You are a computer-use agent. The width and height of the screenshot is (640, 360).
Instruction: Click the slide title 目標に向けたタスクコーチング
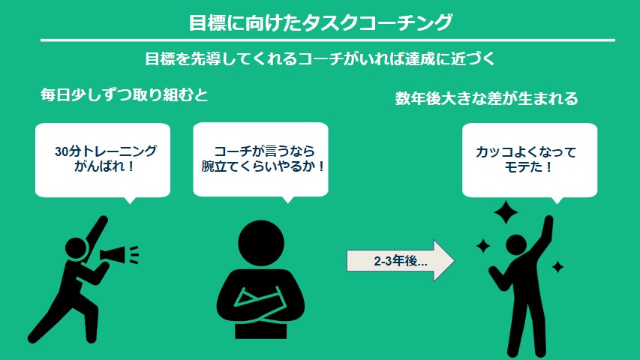click(320, 22)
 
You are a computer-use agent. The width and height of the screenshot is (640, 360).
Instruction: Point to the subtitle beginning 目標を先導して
click(320, 58)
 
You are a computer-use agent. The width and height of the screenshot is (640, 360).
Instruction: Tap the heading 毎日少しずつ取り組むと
click(124, 95)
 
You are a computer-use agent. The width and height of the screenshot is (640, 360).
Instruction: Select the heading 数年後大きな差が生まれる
click(486, 99)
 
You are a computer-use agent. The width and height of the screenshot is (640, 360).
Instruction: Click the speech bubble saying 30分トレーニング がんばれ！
click(103, 160)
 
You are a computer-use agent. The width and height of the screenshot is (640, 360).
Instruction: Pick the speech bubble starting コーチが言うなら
click(260, 160)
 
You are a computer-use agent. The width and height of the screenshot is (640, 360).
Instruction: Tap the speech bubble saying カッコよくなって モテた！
click(530, 160)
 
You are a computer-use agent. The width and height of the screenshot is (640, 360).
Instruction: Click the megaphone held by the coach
click(119, 255)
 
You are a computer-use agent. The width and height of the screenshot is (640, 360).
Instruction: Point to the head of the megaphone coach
click(77, 248)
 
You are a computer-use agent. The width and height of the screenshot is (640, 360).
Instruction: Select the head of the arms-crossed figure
click(261, 243)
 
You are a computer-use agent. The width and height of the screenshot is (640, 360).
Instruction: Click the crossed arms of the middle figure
click(260, 304)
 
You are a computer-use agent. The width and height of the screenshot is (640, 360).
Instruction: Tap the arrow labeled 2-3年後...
click(401, 261)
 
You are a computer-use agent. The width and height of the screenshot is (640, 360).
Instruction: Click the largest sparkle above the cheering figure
click(506, 212)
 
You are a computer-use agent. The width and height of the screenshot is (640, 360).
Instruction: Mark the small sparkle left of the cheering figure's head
click(483, 246)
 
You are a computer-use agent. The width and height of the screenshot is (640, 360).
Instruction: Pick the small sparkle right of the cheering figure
click(557, 267)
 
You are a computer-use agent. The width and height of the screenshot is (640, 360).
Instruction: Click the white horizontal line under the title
click(328, 40)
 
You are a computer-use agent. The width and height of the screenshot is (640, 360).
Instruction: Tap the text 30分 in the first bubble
click(68, 151)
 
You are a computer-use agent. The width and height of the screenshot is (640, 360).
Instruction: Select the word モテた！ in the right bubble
click(528, 167)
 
